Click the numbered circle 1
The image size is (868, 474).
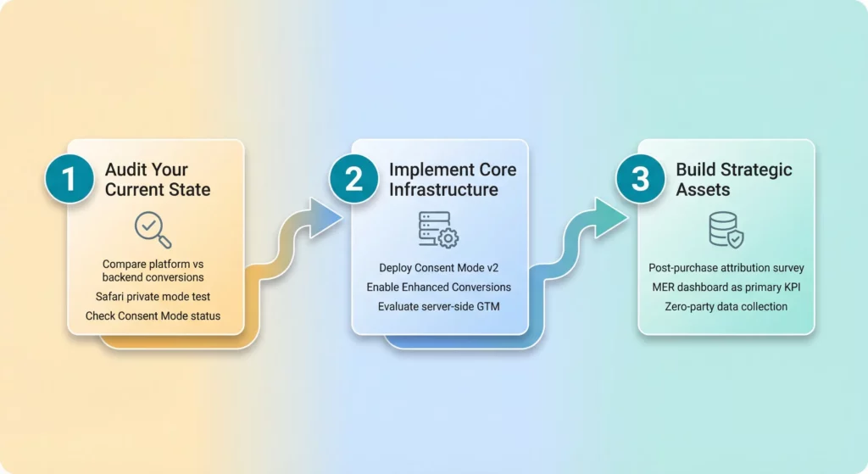pos(70,180)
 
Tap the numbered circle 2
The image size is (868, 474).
pos(354,180)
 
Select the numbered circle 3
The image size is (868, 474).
pos(641,180)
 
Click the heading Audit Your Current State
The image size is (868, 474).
pos(157,179)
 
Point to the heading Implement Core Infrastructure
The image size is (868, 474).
pos(452,179)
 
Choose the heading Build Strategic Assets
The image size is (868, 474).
pos(733,179)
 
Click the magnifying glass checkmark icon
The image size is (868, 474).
pos(153,230)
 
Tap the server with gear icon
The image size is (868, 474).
pos(438,230)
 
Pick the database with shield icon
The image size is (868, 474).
pos(726,230)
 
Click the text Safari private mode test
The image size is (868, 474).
pos(153,297)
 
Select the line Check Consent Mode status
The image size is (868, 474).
pos(153,316)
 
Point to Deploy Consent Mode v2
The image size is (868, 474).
pos(438,268)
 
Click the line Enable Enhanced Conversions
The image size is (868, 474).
pos(438,287)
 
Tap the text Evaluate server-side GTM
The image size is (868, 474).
pos(438,306)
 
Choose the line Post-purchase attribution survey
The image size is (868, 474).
pos(726,268)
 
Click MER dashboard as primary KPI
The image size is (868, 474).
pos(726,287)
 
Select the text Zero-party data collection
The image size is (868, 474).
pos(726,306)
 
